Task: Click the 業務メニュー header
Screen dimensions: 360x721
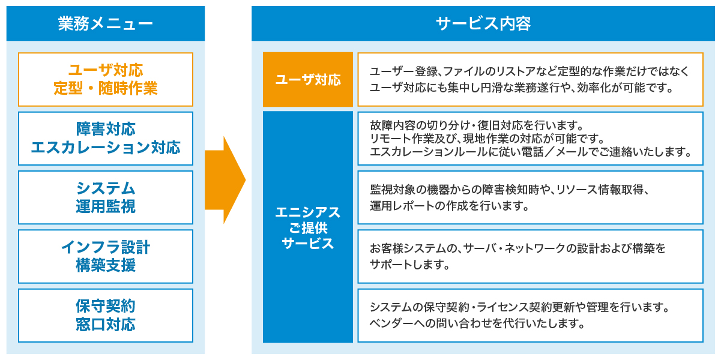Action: pos(106,23)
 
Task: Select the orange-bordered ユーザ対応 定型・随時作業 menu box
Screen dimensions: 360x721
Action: pos(106,79)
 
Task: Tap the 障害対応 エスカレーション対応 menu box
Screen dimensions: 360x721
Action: pos(106,138)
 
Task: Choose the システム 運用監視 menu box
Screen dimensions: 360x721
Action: pos(106,197)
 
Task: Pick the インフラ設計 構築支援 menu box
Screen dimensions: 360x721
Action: pos(106,256)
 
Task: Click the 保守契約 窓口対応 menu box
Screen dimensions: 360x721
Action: pos(106,316)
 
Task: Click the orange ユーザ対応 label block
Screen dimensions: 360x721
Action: pos(308,79)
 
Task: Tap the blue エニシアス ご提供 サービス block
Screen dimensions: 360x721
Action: pos(308,227)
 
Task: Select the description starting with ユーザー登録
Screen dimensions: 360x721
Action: pos(530,79)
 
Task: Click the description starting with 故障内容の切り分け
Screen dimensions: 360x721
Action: pos(530,138)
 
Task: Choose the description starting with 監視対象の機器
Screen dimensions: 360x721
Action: pos(530,197)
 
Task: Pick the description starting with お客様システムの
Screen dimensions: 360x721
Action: pos(530,256)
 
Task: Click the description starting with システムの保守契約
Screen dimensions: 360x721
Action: pos(530,316)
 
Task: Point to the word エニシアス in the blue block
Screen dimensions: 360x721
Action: pos(308,212)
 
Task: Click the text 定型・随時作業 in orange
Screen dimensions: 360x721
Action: pos(106,89)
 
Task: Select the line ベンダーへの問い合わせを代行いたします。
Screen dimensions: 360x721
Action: pos(477,324)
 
